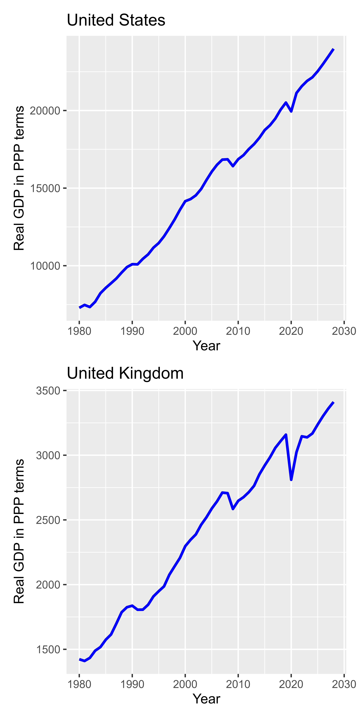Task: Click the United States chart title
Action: pyautogui.click(x=116, y=20)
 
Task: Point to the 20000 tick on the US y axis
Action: pyautogui.click(x=45, y=111)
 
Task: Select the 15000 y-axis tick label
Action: pyautogui.click(x=45, y=188)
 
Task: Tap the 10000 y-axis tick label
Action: pyautogui.click(x=45, y=266)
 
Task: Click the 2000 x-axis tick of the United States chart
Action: pyautogui.click(x=185, y=331)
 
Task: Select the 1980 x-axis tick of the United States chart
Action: pyautogui.click(x=79, y=331)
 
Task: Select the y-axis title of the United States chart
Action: pyautogui.click(x=19, y=178)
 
